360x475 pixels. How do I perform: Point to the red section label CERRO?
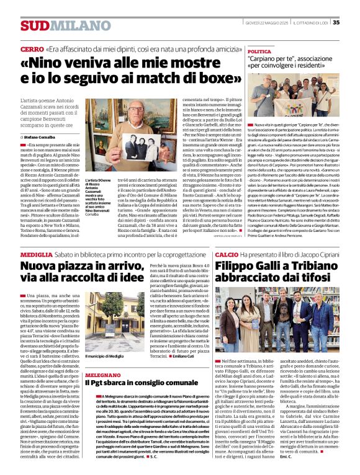(x=32, y=48)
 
